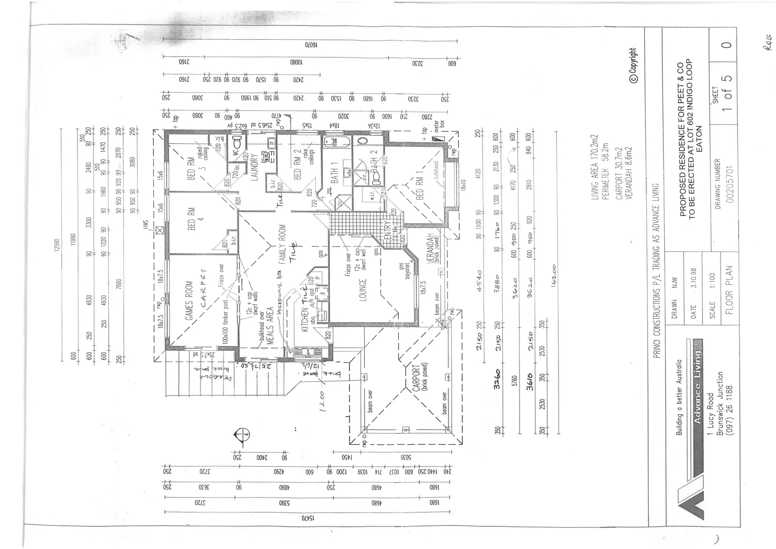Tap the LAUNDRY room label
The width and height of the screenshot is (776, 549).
pyautogui.click(x=255, y=168)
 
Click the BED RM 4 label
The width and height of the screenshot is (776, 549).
pyautogui.click(x=191, y=219)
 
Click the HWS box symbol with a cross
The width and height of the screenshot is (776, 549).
pyautogui.click(x=160, y=231)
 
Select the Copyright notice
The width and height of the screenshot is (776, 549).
pyautogui.click(x=633, y=66)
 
